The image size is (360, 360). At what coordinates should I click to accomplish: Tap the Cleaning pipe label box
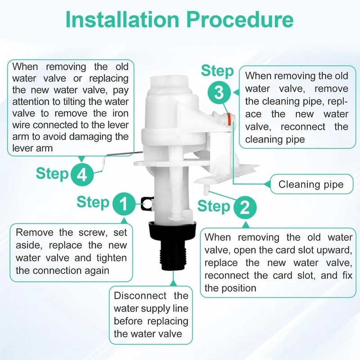pyautogui.click(x=310, y=184)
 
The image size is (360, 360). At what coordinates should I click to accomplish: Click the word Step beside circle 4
pyautogui.click(x=52, y=173)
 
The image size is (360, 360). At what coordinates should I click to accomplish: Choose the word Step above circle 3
pyautogui.click(x=217, y=71)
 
